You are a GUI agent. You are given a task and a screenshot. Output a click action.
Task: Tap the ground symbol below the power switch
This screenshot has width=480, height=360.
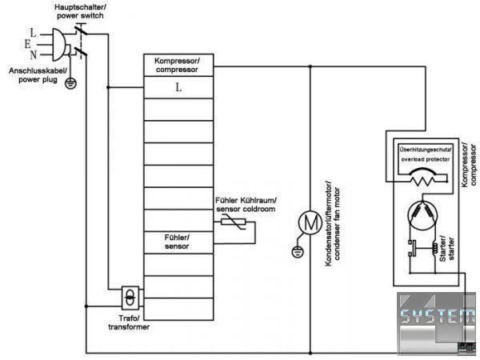pyautogui.click(x=70, y=82)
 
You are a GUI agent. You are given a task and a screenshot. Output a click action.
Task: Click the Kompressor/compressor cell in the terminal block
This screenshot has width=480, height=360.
pyautogui.click(x=178, y=65)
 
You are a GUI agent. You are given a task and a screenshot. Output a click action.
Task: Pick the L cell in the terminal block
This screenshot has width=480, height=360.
pyautogui.click(x=178, y=87)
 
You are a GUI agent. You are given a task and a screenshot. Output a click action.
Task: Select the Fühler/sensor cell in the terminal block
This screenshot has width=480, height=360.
pyautogui.click(x=178, y=241)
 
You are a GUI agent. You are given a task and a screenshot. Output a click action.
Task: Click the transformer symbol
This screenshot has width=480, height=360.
pyautogui.click(x=129, y=298)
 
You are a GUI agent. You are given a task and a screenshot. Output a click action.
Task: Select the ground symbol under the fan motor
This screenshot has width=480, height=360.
pyautogui.click(x=298, y=252)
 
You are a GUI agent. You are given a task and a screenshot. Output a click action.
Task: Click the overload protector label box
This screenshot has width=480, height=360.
pyautogui.click(x=425, y=154)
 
